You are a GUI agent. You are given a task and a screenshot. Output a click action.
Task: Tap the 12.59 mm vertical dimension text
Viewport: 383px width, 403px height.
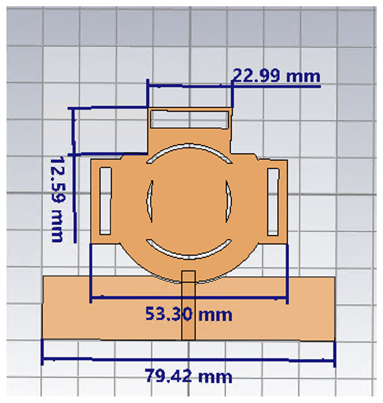pyautogui.click(x=57, y=200)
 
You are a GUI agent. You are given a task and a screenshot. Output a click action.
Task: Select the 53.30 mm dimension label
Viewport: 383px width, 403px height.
pyautogui.click(x=188, y=314)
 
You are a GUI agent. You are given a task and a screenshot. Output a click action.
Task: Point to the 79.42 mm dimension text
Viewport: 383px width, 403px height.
pyautogui.click(x=188, y=376)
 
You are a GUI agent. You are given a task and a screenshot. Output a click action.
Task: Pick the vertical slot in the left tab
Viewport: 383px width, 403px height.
pyautogui.click(x=105, y=201)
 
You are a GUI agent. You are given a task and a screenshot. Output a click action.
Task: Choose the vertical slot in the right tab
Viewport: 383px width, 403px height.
pyautogui.click(x=273, y=202)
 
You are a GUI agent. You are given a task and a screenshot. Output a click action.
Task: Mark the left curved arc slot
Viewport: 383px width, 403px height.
pyautogui.click(x=149, y=201)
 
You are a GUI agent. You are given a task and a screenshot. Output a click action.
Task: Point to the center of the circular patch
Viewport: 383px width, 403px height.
pyautogui.click(x=189, y=201)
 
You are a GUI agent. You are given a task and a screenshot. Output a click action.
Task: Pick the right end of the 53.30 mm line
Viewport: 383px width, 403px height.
pyautogui.click(x=287, y=298)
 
